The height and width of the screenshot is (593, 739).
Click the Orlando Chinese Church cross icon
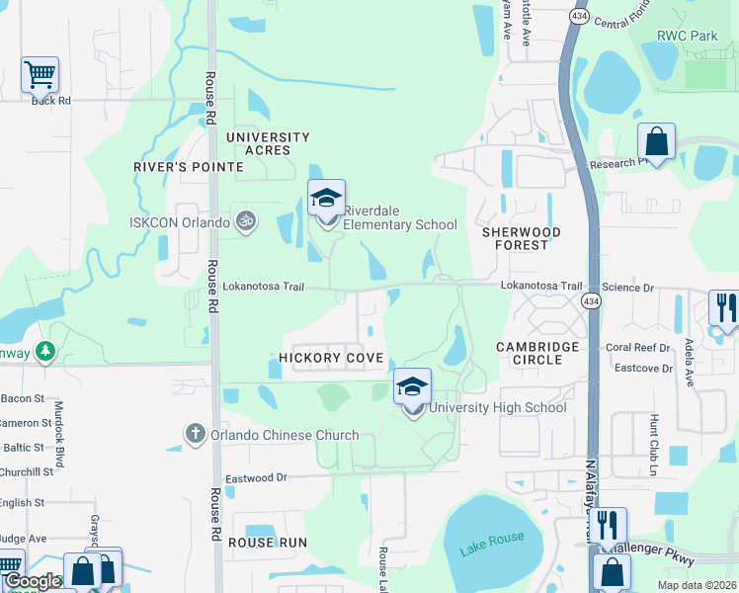click(x=195, y=433)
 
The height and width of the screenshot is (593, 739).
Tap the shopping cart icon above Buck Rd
click(x=40, y=73)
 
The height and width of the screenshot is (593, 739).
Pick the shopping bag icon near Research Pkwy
click(x=656, y=141)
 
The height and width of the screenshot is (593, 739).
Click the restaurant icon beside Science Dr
click(x=725, y=307)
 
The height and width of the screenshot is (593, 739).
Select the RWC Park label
click(x=688, y=36)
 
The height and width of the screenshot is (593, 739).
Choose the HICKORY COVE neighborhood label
click(x=331, y=358)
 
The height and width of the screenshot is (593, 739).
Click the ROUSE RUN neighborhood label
click(x=268, y=543)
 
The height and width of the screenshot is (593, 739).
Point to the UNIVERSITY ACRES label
click(x=268, y=143)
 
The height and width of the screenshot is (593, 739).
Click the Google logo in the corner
click(x=32, y=581)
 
